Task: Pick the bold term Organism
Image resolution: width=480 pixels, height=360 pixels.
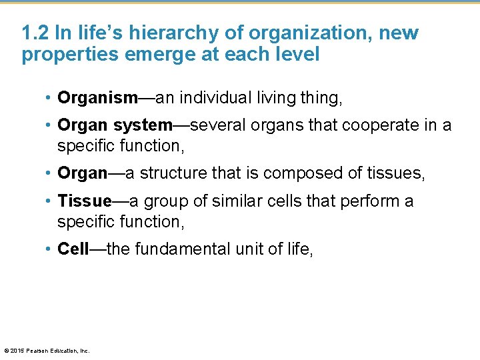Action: (x=97, y=99)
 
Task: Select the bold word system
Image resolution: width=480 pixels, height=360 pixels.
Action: (x=143, y=126)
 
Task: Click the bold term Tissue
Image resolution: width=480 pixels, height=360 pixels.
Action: (x=85, y=201)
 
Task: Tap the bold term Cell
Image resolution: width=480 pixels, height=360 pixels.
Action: (x=73, y=249)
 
